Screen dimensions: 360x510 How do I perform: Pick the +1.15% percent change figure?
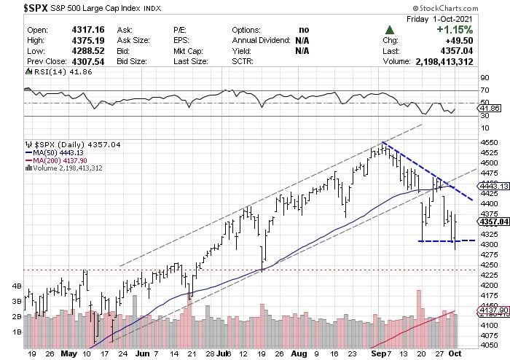(x=454, y=30)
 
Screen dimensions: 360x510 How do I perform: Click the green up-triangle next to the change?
(x=391, y=30)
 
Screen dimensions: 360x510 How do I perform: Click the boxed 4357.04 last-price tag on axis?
(x=486, y=221)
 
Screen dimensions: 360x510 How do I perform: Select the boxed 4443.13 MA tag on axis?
(x=486, y=186)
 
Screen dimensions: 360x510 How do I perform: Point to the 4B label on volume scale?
(x=15, y=286)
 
